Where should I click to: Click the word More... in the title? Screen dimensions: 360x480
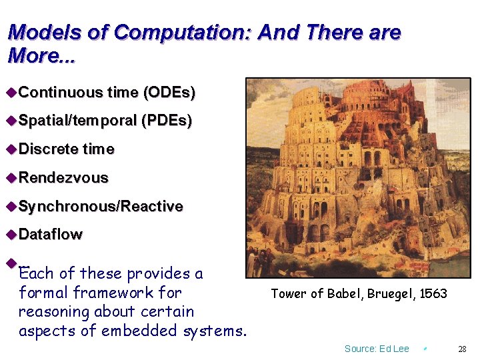(41, 55)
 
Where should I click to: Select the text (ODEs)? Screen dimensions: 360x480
(169, 93)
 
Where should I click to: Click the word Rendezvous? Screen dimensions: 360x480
(63, 177)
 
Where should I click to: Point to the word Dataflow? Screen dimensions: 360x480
(51, 234)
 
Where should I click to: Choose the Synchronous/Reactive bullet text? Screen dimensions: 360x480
(101, 206)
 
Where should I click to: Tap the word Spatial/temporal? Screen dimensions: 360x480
(77, 121)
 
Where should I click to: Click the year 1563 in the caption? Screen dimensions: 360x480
(433, 294)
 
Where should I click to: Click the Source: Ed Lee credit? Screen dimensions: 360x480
(377, 349)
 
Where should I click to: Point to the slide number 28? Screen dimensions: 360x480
(462, 349)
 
